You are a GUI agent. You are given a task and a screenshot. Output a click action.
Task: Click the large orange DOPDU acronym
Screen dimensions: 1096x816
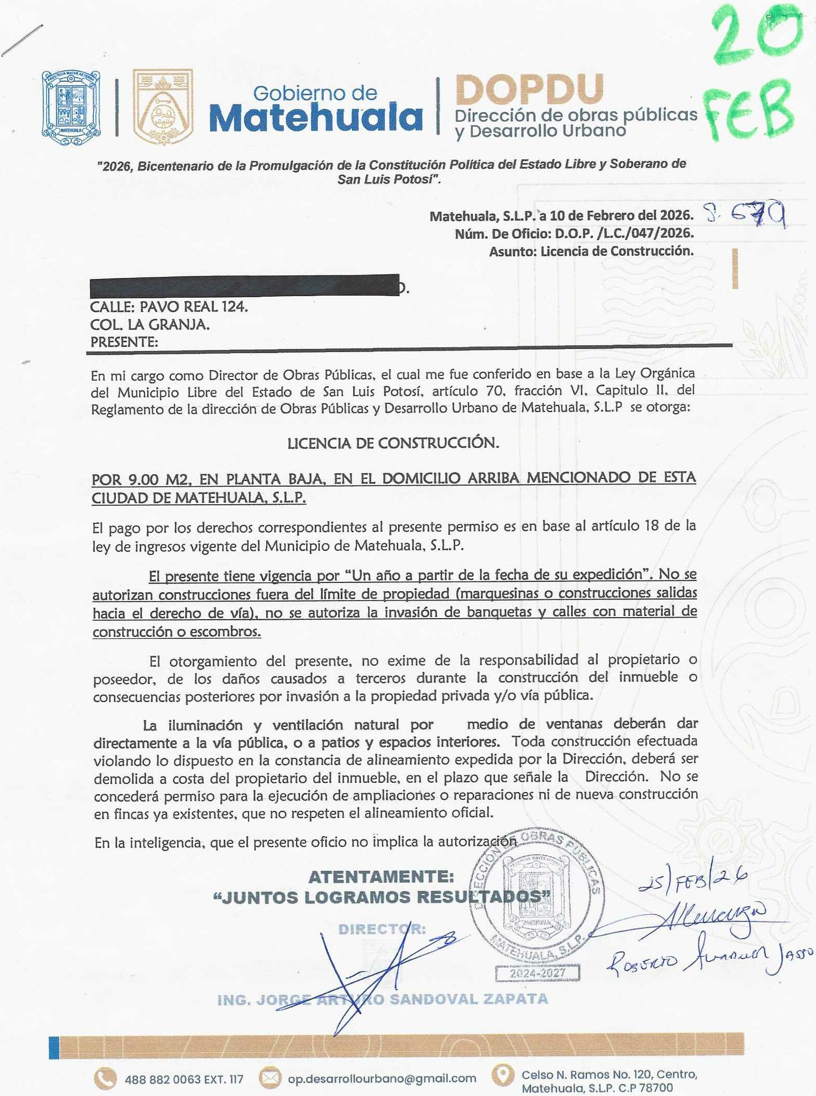coord(529,90)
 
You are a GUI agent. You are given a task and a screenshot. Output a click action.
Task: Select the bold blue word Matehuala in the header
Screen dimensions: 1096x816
coord(315,119)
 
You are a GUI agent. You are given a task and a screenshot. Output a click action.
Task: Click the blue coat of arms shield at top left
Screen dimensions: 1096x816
coord(71,104)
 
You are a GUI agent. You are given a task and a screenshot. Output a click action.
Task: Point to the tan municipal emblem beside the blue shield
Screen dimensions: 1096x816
coord(163,106)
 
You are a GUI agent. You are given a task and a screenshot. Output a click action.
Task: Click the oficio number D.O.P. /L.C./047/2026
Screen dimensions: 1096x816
coord(624,233)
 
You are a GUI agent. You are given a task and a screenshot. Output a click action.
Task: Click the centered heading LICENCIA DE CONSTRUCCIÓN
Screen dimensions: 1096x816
coord(393,443)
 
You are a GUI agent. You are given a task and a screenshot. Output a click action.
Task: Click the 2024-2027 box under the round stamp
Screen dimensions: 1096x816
coord(537,974)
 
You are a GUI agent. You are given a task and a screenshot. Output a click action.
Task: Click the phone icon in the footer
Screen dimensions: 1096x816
coord(105,1078)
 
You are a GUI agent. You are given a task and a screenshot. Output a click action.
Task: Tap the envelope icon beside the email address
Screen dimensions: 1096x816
coord(269,1078)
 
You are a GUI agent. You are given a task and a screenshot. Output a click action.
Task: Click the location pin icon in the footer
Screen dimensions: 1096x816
coord(502,1077)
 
